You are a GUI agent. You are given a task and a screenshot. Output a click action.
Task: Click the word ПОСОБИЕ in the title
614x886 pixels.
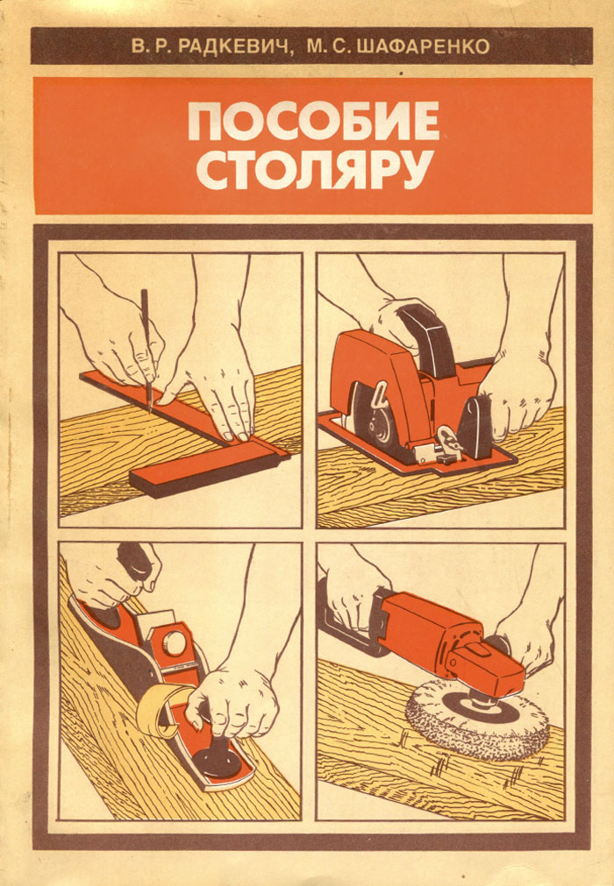(313, 121)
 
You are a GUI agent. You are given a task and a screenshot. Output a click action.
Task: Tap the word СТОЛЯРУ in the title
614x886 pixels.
(315, 169)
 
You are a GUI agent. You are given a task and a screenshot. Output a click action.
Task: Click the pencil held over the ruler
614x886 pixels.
(146, 351)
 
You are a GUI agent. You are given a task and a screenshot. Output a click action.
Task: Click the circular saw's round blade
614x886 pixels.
(372, 418)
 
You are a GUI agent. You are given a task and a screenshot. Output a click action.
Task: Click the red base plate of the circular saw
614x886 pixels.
(418, 452)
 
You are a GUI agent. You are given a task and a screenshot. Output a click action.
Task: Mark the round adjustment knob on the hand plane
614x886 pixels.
(175, 641)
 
